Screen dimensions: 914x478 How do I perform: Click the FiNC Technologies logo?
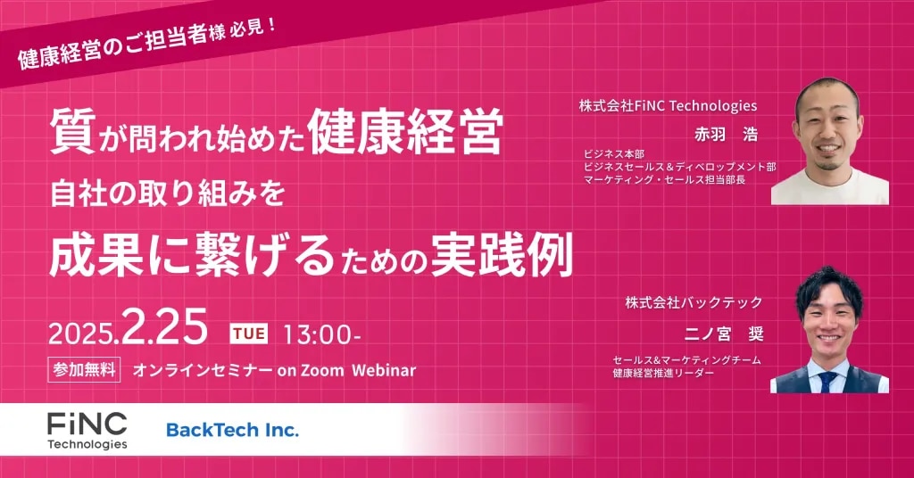[x=87, y=431]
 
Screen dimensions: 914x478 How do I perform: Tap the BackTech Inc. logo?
[x=233, y=430]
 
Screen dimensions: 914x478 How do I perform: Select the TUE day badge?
[x=249, y=334]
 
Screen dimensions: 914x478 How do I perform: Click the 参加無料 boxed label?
[x=84, y=370]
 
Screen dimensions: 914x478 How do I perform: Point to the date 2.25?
[x=165, y=327]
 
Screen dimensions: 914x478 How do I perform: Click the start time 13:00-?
[x=321, y=334]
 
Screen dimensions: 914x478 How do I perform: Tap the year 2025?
[x=82, y=334]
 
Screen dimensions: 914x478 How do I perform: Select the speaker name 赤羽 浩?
[x=726, y=135]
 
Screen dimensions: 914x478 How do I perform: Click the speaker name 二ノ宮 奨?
[x=723, y=334]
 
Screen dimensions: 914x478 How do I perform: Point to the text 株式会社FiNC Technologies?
[x=668, y=106]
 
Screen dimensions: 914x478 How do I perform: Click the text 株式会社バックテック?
[x=694, y=302]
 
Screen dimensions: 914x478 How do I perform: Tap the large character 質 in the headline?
[x=72, y=132]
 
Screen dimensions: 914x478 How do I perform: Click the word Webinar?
[x=384, y=370]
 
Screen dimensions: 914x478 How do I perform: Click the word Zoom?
[x=322, y=370]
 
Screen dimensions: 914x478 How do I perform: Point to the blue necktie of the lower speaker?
[x=827, y=381]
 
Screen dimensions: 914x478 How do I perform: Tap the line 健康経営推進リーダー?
[x=663, y=373]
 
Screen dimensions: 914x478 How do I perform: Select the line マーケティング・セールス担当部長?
[x=664, y=179]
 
